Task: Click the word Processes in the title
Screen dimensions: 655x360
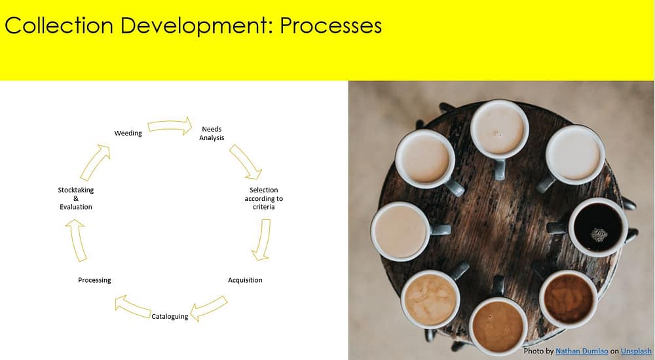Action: [x=330, y=26]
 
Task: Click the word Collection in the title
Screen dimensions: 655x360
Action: [x=59, y=26]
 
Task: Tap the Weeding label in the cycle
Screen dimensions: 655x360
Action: [x=128, y=134]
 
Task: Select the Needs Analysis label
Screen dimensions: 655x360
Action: [x=212, y=134]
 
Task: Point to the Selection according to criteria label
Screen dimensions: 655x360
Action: [x=263, y=198]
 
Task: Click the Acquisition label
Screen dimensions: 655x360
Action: [x=245, y=280]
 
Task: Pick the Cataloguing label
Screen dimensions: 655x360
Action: [x=170, y=317]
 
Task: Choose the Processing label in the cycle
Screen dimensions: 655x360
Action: [x=94, y=280]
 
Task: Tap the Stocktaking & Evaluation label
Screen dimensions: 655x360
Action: [x=75, y=198]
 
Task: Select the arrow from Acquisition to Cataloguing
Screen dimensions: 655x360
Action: [x=208, y=309]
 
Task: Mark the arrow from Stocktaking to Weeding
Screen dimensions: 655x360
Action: [x=95, y=162]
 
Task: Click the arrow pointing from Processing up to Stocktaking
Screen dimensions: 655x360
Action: [x=77, y=241]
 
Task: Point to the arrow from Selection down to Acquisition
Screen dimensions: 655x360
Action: [x=262, y=240]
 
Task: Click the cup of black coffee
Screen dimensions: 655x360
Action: [x=598, y=227]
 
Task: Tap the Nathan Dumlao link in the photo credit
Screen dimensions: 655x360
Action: [x=582, y=351]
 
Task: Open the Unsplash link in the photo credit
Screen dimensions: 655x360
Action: [x=636, y=351]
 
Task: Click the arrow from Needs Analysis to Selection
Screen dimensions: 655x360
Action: [x=246, y=162]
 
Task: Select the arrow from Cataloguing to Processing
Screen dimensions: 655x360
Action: [x=133, y=307]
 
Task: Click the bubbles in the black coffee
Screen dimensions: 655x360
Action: [x=599, y=235]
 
